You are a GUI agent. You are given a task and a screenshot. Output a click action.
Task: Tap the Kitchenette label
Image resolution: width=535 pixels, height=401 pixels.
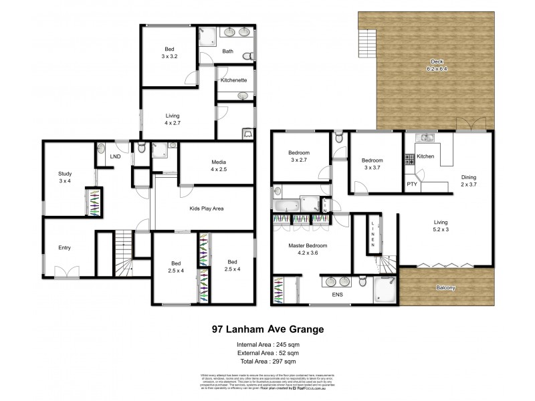234,80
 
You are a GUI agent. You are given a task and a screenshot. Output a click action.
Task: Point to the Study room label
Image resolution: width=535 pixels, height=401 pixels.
64,174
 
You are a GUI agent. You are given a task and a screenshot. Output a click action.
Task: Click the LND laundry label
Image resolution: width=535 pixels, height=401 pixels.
115,158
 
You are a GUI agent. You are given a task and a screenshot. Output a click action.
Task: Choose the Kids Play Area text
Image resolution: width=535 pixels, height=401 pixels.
205,209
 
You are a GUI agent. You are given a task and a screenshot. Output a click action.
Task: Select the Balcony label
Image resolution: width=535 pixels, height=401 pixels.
447,288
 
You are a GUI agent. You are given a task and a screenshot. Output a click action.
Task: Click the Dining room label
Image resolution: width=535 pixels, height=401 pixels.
469,178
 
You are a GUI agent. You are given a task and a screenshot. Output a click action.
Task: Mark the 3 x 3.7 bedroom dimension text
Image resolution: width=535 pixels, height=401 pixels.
372,167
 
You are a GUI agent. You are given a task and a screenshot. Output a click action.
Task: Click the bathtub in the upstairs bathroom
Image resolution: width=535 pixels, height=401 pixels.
288,205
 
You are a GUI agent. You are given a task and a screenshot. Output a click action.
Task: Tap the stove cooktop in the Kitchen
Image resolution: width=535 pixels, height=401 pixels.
409,160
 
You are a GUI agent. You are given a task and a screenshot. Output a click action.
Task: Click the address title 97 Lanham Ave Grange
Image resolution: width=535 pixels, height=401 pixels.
267,329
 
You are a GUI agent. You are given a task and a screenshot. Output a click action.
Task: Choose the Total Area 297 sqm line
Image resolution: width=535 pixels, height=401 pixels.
267,359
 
